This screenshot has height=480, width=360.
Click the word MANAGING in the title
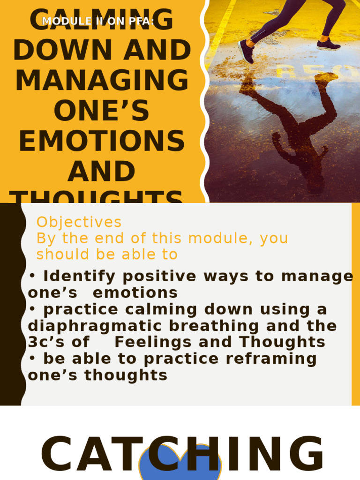coord(102,80)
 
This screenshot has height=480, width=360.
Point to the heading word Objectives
coord(79,222)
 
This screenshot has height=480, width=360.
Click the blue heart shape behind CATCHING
coord(180,464)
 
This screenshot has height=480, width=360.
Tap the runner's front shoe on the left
coord(246,51)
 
